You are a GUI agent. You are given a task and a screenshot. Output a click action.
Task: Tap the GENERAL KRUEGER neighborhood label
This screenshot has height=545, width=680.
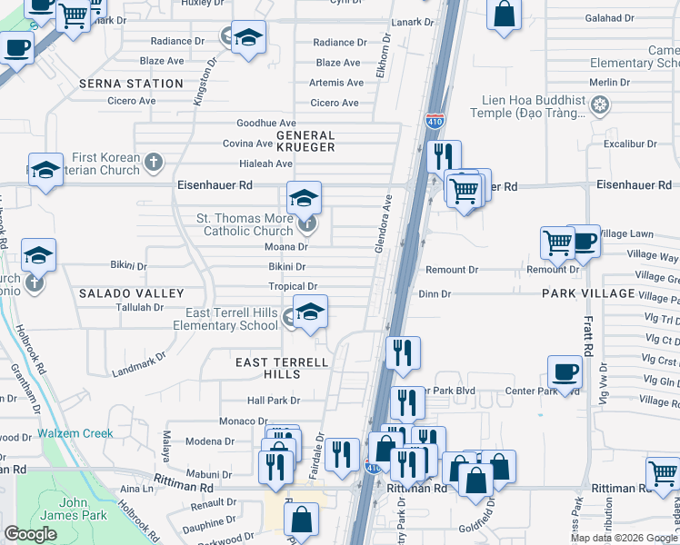point(305,141)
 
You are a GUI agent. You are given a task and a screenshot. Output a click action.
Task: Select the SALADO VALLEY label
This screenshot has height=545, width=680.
point(131,293)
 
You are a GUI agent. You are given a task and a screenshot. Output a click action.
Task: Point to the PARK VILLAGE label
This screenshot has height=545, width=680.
point(588,293)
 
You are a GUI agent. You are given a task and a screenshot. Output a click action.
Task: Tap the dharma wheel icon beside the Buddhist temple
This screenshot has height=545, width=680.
point(598,106)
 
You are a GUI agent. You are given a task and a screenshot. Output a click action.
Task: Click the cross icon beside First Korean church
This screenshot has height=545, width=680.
point(154,163)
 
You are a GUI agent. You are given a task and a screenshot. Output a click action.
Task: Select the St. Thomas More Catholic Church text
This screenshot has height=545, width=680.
point(245,224)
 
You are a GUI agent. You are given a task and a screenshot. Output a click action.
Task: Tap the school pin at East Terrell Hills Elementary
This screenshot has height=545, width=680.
point(309,312)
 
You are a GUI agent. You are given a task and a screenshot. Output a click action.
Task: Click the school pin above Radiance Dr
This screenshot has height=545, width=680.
point(246,38)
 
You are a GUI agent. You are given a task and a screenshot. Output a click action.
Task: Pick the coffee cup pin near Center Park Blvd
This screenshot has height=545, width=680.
point(565,372)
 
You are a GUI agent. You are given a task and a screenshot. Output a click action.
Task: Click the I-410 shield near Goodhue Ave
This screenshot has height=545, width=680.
point(435,119)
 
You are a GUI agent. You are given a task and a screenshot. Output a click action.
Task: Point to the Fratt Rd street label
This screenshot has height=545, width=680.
point(588,336)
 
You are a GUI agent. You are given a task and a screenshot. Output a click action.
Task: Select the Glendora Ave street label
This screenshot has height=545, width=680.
point(385,223)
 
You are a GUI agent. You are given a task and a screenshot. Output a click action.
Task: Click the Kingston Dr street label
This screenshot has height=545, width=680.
point(203,82)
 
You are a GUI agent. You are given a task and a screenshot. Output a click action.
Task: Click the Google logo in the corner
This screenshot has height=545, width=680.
point(31,534)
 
